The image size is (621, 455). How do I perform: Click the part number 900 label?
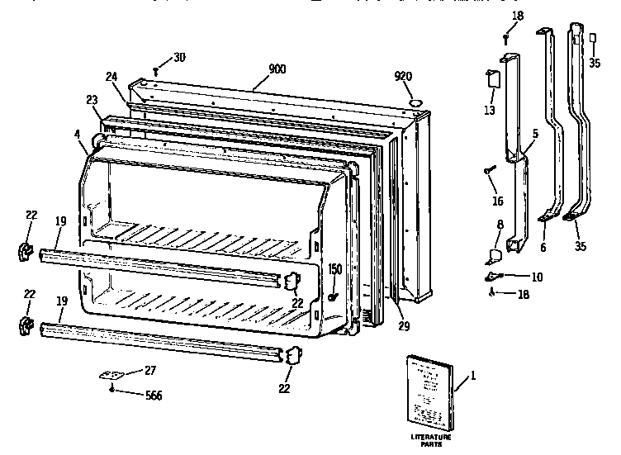(277, 69)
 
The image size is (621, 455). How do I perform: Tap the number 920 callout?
(403, 76)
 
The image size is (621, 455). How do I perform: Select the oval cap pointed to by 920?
(416, 102)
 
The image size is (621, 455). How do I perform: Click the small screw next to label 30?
(156, 70)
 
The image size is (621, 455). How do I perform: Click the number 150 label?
(334, 268)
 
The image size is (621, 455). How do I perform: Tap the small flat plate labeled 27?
(110, 373)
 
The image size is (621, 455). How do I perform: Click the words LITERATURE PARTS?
(432, 438)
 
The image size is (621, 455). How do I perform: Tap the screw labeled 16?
(490, 170)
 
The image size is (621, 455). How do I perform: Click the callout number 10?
(537, 277)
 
